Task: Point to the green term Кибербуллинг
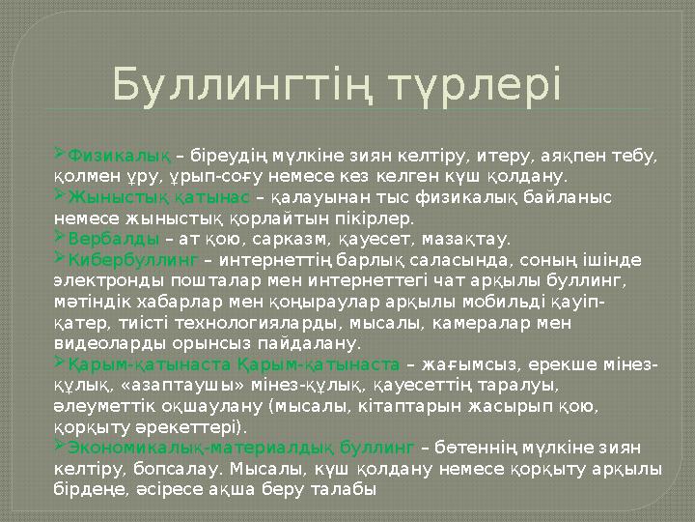[x=132, y=260]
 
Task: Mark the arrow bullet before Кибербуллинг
[x=61, y=259]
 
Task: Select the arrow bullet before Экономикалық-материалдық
[x=61, y=448]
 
